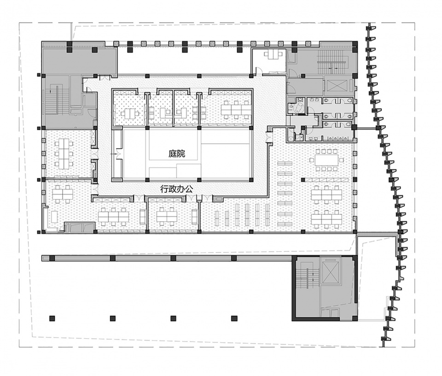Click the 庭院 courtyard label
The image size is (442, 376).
pos(177,154)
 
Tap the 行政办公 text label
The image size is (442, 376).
pos(176,189)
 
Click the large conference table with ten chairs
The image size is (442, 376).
pos(327,160)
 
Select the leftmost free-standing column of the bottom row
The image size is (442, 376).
pos(51,318)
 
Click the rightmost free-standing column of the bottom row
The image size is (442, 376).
pos(234,318)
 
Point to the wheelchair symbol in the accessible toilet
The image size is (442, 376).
pos(298,107)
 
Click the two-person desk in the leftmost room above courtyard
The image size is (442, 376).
pos(129,114)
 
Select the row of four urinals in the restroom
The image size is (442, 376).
pos(338,138)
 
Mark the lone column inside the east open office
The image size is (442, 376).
pos(303,179)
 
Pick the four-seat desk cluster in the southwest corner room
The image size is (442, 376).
pos(63,194)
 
